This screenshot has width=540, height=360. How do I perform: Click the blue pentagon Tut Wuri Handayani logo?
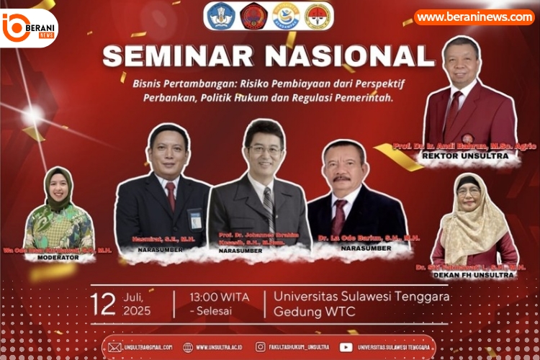(220, 16)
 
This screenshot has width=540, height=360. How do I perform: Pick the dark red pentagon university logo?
(253, 16)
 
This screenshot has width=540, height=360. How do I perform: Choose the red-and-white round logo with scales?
(318, 16)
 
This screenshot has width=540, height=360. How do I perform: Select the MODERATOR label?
(58, 256)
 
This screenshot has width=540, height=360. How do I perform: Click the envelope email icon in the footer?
(115, 347)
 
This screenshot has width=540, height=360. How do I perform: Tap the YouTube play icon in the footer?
(346, 347)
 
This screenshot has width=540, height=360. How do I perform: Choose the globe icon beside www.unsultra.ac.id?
(188, 347)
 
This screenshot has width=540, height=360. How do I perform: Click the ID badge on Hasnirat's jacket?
(195, 218)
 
